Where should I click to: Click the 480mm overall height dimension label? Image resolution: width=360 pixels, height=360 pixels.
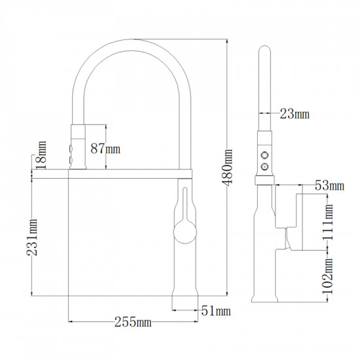(x=227, y=167)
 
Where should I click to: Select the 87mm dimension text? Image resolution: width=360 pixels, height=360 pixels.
(x=105, y=149)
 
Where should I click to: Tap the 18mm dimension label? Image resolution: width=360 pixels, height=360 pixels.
(x=41, y=155)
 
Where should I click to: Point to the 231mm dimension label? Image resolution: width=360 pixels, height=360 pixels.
(x=31, y=238)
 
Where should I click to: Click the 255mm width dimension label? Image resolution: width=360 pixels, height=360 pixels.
(x=133, y=322)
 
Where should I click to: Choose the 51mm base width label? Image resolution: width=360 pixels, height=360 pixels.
(x=216, y=311)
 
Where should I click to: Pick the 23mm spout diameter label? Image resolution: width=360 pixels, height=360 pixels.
(x=295, y=114)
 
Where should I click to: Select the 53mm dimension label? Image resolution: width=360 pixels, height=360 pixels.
(x=329, y=185)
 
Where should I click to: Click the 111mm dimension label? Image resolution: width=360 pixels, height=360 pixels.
(x=328, y=222)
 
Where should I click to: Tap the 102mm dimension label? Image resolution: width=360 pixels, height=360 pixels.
(x=328, y=276)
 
